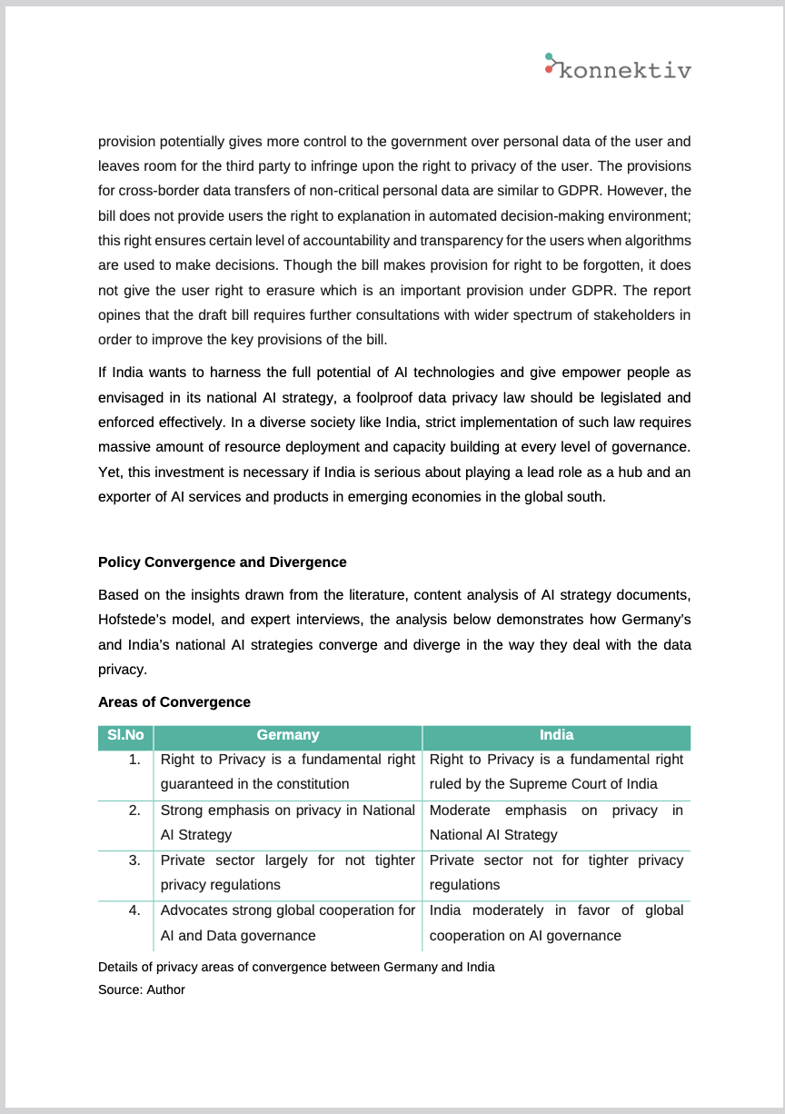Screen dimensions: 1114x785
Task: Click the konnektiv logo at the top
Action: click(618, 67)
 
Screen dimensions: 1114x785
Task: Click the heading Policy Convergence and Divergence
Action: click(222, 562)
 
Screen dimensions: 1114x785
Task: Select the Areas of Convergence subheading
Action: click(174, 702)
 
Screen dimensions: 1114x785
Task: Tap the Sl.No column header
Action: click(125, 736)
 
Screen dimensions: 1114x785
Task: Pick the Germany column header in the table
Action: click(288, 736)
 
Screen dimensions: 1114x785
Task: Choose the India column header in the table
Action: click(556, 736)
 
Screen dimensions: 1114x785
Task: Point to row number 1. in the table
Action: click(134, 760)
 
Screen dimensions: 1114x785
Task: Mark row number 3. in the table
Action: click(134, 860)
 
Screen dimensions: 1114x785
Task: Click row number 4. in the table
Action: click(134, 910)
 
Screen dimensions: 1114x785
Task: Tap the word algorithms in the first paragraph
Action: click(655, 241)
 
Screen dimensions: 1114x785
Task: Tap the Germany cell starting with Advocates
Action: click(287, 922)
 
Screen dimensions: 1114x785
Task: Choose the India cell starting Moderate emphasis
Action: click(556, 822)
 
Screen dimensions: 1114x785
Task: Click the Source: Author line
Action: click(142, 990)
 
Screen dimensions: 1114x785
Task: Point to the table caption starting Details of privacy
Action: click(296, 967)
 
